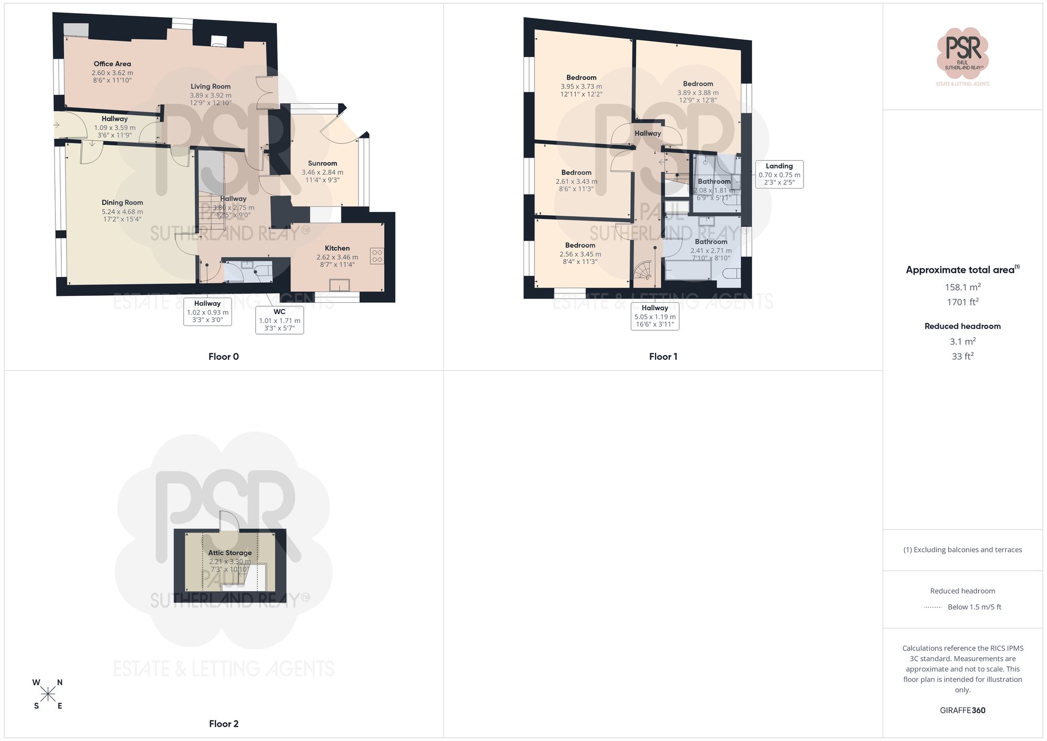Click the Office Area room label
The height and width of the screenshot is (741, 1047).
112,64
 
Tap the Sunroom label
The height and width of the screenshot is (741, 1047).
322,163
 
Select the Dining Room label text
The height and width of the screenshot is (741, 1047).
122,203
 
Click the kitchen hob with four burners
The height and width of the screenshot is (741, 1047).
377,256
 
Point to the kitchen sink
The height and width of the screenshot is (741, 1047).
339,285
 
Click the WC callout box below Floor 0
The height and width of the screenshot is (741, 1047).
280,320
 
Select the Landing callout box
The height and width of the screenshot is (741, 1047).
779,174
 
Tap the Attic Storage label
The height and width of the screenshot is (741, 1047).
230,552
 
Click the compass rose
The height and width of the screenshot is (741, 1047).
48,694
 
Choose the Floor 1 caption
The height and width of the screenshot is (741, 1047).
663,357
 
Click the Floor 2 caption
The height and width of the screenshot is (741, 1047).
224,724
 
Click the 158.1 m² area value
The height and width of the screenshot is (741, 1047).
962,287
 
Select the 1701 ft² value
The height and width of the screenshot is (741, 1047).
962,302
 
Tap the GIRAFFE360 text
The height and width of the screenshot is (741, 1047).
962,711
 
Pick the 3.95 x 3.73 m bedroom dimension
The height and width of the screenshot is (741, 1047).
581,86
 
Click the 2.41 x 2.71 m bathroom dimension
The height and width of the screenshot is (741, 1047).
711,251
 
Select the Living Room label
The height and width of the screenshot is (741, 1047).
210,86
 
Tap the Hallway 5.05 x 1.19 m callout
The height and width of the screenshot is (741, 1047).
655,316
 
